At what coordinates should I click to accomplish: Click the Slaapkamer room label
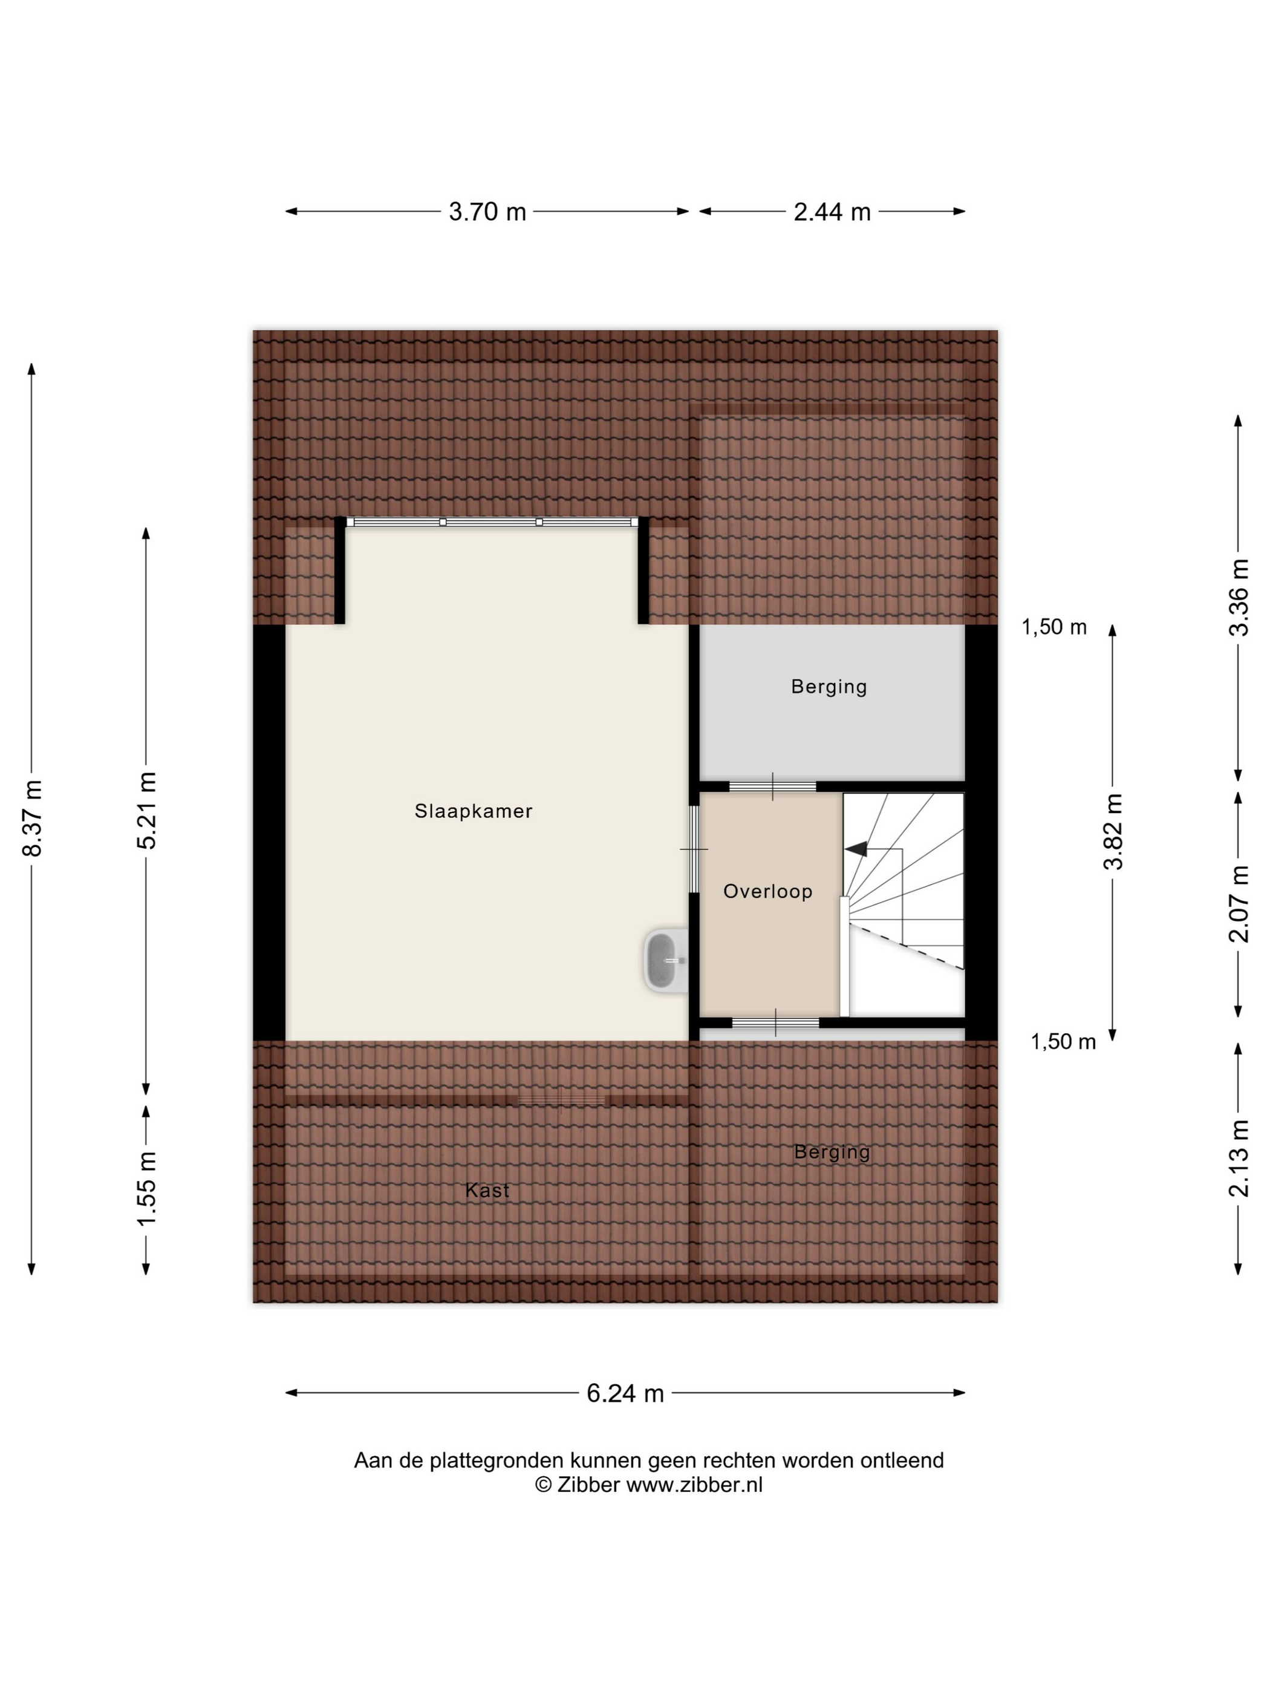coord(473,811)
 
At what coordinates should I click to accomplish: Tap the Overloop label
coord(768,891)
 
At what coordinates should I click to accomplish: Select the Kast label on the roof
coord(487,1190)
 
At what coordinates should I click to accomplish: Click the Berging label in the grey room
coord(829,687)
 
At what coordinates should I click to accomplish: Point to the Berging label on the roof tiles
coord(832,1152)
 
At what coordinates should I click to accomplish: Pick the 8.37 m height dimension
coord(32,818)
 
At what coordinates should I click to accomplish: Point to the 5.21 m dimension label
coord(146,810)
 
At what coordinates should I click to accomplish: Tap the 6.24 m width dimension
coord(625,1393)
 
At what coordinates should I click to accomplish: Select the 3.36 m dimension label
coord(1239,597)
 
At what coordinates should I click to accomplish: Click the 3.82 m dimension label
coord(1113,832)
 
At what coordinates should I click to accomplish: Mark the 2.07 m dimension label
coord(1239,904)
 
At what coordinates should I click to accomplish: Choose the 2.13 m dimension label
coord(1239,1158)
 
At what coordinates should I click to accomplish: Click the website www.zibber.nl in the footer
coord(694,1484)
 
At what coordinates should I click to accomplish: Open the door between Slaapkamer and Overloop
coord(694,849)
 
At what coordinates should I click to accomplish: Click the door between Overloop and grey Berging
coord(772,786)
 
